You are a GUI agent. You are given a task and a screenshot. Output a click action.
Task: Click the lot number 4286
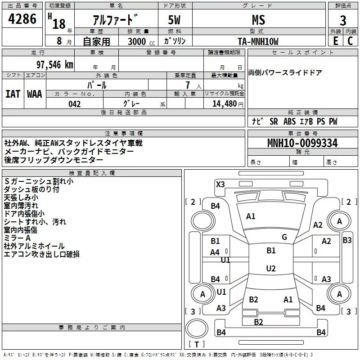(x=22, y=19)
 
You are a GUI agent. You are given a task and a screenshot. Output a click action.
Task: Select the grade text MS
(x=258, y=20)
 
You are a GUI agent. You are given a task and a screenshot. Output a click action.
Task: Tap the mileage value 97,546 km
(x=54, y=64)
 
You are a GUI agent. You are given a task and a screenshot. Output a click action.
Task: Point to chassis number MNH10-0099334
(x=302, y=144)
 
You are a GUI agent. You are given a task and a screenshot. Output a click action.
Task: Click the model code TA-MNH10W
(x=258, y=41)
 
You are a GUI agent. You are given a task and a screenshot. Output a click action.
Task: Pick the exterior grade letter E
(x=335, y=41)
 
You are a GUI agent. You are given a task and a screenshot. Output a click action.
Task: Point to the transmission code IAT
(x=13, y=94)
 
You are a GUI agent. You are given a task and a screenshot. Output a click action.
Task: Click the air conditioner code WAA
(x=35, y=94)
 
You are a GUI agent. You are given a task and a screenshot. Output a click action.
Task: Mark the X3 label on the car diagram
(x=220, y=184)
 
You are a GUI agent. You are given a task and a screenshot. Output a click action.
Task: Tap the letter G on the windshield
(x=284, y=237)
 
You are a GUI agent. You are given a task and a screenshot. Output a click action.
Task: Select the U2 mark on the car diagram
(x=270, y=269)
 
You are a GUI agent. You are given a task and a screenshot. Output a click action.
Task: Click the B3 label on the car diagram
(x=347, y=240)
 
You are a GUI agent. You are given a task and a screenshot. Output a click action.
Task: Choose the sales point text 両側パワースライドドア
(x=285, y=73)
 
